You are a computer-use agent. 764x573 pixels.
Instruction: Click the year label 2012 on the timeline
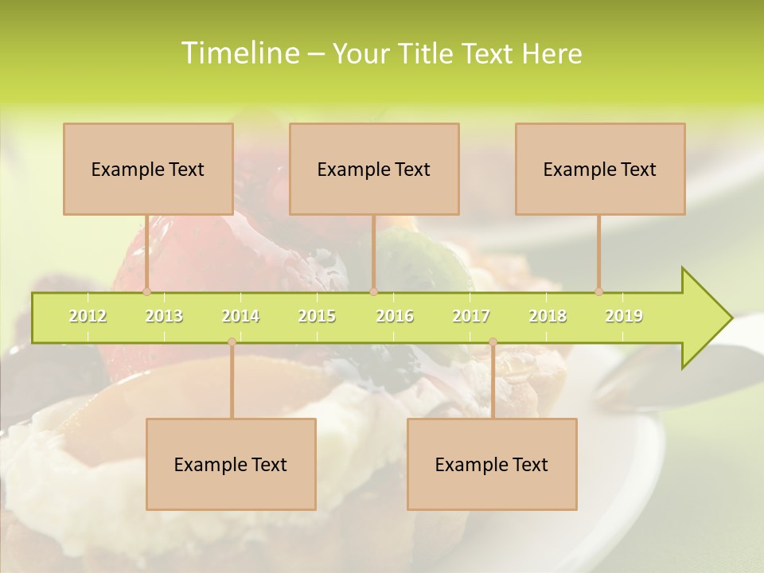tap(88, 316)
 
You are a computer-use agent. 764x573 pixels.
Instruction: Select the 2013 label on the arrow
tap(164, 316)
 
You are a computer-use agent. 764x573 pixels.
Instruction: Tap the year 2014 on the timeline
tap(240, 316)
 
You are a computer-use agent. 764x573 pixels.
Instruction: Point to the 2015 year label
tap(317, 316)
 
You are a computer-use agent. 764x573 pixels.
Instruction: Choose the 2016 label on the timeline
tap(395, 316)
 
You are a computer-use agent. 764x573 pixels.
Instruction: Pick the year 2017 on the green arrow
tap(471, 316)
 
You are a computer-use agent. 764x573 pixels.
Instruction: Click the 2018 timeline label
tap(548, 316)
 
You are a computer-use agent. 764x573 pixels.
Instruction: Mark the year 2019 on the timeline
tap(624, 316)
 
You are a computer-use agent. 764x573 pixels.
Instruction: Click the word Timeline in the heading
tap(240, 53)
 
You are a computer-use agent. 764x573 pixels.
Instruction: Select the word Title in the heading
tap(426, 53)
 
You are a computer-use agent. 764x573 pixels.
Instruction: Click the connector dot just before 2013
tap(146, 291)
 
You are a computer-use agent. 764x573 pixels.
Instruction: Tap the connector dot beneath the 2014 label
tap(232, 342)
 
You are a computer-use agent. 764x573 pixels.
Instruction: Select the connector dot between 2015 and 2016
tap(373, 291)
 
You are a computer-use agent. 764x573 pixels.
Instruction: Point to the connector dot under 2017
tap(493, 342)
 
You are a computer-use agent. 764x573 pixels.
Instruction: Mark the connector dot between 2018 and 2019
tap(599, 291)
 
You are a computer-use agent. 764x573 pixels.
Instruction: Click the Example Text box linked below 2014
tap(231, 464)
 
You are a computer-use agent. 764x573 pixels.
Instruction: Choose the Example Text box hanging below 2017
tap(492, 464)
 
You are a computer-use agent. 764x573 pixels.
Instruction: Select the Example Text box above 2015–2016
tap(374, 169)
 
